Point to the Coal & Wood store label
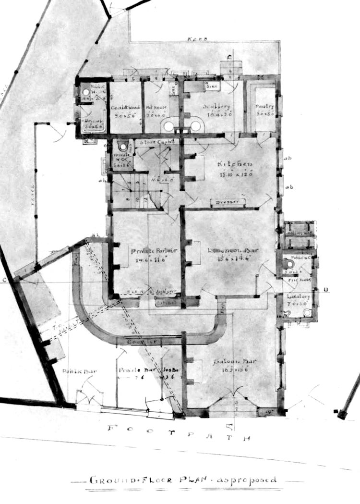(124, 108)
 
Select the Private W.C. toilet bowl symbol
(124, 147)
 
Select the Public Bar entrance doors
(90, 397)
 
